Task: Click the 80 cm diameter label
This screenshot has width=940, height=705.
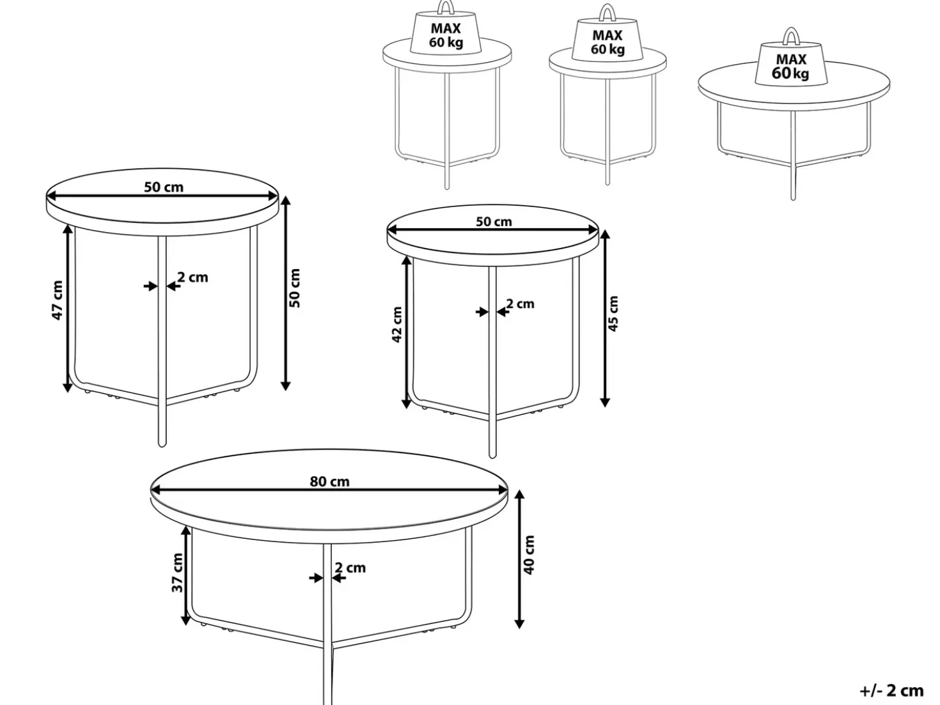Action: tap(329, 481)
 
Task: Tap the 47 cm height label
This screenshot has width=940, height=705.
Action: tap(58, 300)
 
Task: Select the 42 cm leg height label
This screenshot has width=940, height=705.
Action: tap(397, 324)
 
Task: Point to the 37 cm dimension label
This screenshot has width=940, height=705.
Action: tap(177, 573)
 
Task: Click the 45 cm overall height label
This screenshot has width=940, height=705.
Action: tap(613, 313)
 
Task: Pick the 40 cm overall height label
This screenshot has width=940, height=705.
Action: tap(529, 555)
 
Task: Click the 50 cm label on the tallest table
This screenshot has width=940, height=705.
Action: tap(164, 187)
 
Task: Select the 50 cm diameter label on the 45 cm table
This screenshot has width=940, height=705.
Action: tap(494, 222)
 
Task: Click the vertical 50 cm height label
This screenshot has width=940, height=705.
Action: tap(295, 288)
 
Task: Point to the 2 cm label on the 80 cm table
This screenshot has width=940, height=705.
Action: tap(350, 568)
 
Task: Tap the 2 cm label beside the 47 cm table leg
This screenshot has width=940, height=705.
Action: tap(192, 277)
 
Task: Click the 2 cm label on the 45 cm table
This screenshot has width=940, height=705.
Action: tap(521, 304)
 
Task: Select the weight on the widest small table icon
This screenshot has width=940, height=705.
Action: tap(791, 63)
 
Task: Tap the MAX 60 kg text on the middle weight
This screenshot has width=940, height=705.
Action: tap(607, 42)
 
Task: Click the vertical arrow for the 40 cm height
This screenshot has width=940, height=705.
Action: tap(519, 559)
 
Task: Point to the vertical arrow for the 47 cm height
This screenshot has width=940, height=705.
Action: tap(67, 308)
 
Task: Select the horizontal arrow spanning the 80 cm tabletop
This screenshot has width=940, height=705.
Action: tap(329, 490)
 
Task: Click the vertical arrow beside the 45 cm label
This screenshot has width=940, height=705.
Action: tap(605, 318)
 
